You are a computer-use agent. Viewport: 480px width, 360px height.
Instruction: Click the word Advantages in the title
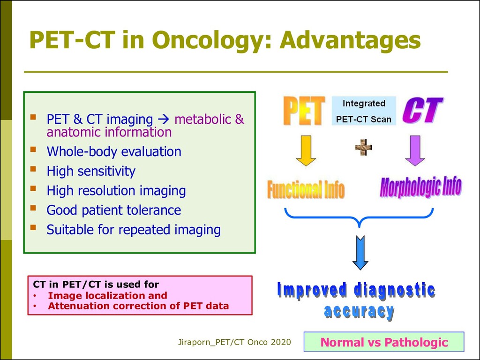[x=350, y=40]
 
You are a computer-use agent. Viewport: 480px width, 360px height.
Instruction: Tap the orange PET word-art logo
[x=304, y=111]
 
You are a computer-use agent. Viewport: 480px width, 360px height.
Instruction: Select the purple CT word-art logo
[x=422, y=110]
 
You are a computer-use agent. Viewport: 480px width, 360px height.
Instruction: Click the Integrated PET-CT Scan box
[x=364, y=111]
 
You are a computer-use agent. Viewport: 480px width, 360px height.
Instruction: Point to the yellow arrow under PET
[x=306, y=150]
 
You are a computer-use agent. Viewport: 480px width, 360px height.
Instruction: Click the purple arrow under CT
[x=415, y=150]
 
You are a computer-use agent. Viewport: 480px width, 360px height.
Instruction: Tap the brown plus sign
[x=364, y=148]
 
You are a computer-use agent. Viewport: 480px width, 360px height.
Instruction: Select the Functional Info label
[x=306, y=189]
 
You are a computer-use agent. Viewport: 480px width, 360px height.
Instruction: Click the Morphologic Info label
[x=420, y=187]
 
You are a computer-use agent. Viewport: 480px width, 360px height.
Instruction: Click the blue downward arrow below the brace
[x=360, y=253]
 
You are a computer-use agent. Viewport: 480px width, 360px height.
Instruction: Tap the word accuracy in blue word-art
[x=359, y=312]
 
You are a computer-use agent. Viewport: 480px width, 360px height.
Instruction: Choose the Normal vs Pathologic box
[x=384, y=342]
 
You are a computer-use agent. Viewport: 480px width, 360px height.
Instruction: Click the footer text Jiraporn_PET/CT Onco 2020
[x=234, y=342]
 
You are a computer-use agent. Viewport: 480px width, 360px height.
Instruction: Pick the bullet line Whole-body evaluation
[x=114, y=151]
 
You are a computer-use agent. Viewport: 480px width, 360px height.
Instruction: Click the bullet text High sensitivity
[x=91, y=171]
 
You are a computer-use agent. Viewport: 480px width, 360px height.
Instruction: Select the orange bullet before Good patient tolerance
[x=33, y=209]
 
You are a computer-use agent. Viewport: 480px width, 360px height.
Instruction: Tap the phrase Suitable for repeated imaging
[x=134, y=230]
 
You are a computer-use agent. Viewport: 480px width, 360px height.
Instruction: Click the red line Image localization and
[x=107, y=295]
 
